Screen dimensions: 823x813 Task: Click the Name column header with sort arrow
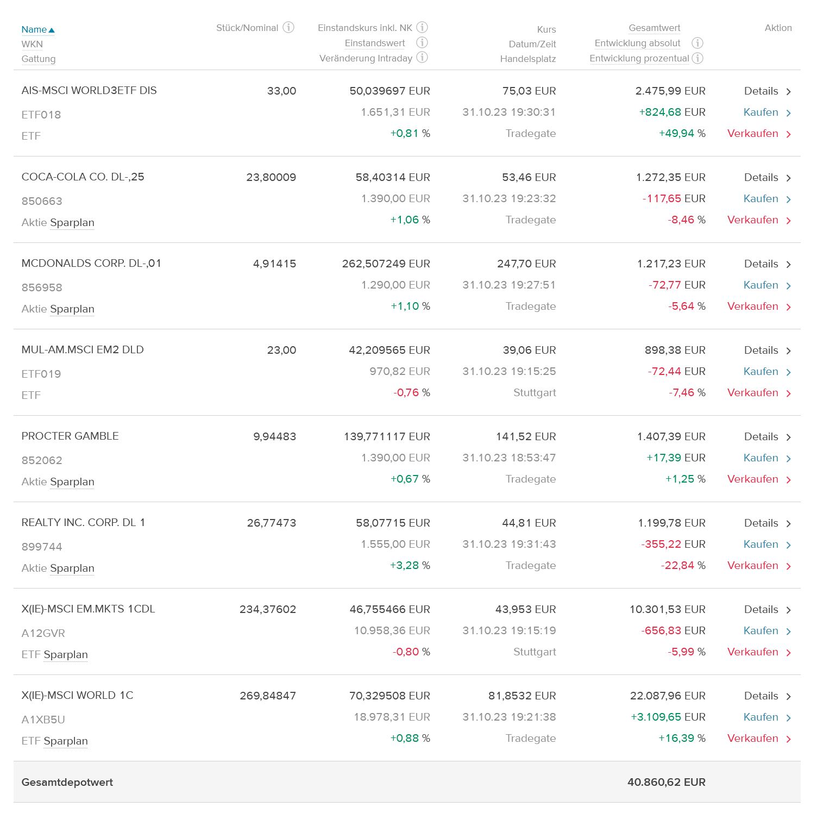[38, 29]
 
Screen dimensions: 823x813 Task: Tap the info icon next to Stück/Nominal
[288, 27]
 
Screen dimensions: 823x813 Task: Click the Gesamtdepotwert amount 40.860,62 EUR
[666, 782]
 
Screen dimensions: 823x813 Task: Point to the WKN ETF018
[41, 115]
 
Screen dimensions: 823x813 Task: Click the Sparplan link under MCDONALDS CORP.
[72, 309]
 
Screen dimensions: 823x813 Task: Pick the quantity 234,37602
[268, 609]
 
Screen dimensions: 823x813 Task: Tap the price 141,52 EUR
[526, 436]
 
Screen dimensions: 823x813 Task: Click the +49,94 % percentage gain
[682, 134]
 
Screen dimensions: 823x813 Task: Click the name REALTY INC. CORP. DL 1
[83, 523]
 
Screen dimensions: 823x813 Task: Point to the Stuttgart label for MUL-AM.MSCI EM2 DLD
[535, 393]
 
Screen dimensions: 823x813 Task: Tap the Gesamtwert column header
[654, 28]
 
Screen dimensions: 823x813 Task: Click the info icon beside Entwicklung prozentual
[698, 58]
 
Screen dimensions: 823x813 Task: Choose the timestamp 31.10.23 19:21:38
[509, 717]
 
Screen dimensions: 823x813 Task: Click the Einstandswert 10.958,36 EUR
[392, 630]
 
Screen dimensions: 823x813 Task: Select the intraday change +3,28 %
[410, 566]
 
